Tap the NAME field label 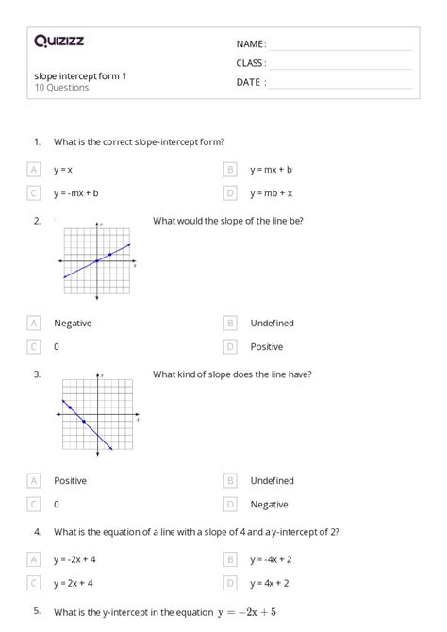[x=250, y=44]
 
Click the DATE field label [x=250, y=82]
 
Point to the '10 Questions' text [x=61, y=88]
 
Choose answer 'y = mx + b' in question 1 [x=271, y=170]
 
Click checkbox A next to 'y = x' [x=34, y=170]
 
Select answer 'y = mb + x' [x=271, y=193]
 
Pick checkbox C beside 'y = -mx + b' [x=34, y=193]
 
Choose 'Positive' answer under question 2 [x=266, y=346]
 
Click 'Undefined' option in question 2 [x=272, y=323]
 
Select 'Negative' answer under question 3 [x=269, y=504]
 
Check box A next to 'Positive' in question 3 [x=34, y=480]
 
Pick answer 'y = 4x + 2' [x=269, y=583]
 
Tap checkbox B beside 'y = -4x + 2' [x=229, y=559]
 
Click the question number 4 [x=37, y=532]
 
